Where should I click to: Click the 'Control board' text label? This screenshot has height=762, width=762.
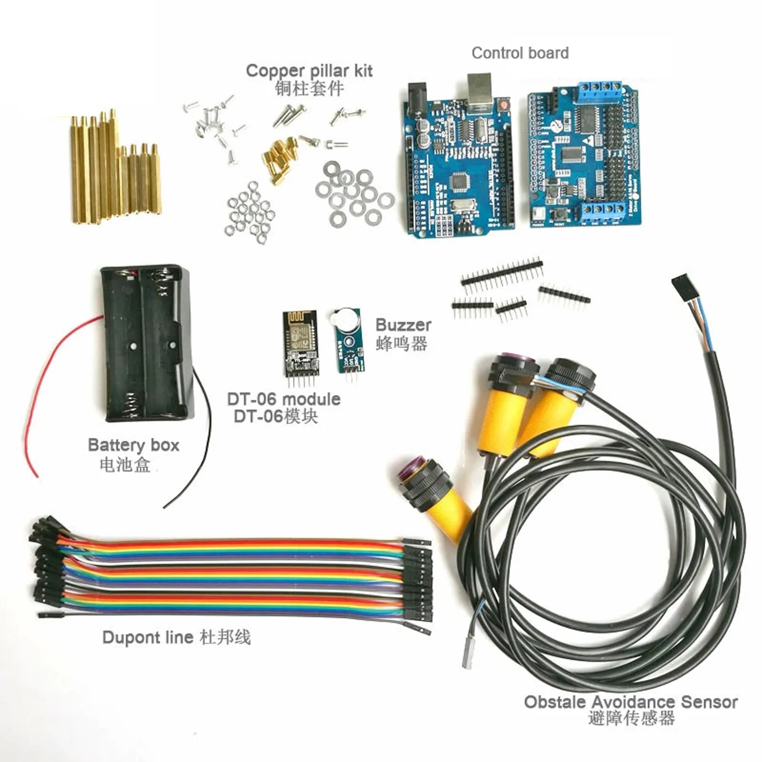tap(520, 53)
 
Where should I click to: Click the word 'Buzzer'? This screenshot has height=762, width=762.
tap(403, 325)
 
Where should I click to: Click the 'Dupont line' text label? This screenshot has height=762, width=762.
tap(148, 637)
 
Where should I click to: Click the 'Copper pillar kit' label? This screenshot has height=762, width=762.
tap(309, 71)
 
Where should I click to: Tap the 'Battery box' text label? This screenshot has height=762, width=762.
tap(134, 445)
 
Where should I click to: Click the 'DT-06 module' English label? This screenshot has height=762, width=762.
tap(283, 399)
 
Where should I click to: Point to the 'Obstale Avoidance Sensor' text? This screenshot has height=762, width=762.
tap(630, 702)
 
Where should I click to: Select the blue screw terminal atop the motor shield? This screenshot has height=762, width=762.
tap(600, 89)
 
